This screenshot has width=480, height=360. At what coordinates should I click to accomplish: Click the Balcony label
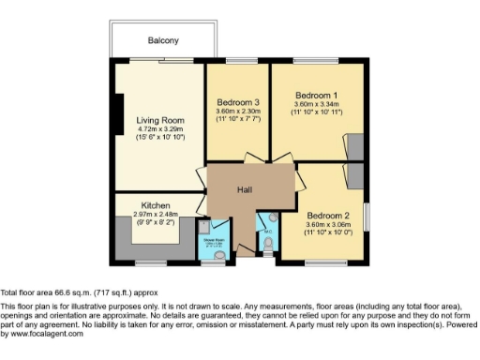click(163, 40)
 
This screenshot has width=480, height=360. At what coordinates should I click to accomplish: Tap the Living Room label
click(158, 121)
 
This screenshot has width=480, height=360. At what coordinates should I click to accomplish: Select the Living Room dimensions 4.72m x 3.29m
click(158, 131)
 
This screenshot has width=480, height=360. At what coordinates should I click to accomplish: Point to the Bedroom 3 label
click(237, 102)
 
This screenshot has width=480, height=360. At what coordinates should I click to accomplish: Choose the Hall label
click(245, 190)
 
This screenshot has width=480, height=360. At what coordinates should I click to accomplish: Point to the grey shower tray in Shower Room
click(204, 226)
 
